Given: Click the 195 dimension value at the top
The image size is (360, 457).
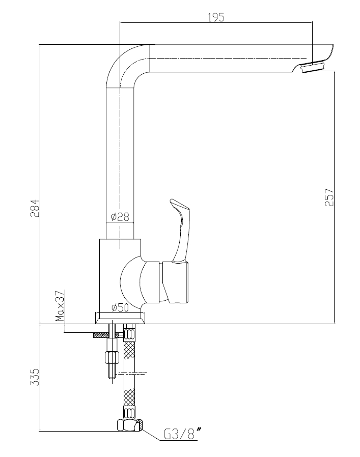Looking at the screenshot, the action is pyautogui.click(x=216, y=17).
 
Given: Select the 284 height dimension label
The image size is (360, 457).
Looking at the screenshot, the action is pyautogui.click(x=35, y=208).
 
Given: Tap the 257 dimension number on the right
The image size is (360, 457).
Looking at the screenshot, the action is pyautogui.click(x=329, y=197).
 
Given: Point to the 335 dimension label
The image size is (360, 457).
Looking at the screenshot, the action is pyautogui.click(x=35, y=377).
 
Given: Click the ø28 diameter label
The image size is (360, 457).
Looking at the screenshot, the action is pyautogui.click(x=120, y=217).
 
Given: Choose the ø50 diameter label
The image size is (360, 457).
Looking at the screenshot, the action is pyautogui.click(x=120, y=307).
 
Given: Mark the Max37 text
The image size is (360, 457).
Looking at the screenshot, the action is pyautogui.click(x=60, y=305).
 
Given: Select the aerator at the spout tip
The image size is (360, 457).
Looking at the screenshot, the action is pyautogui.click(x=313, y=67).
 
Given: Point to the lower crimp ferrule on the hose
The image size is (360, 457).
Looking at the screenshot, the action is pyautogui.click(x=130, y=413).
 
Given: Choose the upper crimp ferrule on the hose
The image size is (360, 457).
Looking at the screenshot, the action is pyautogui.click(x=129, y=333).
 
